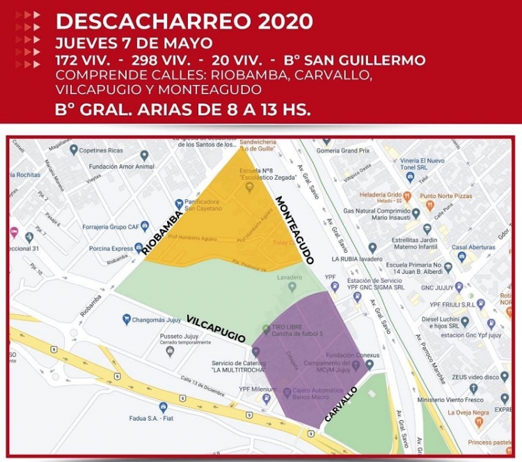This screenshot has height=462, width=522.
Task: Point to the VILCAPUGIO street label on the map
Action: pos(216,328)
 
